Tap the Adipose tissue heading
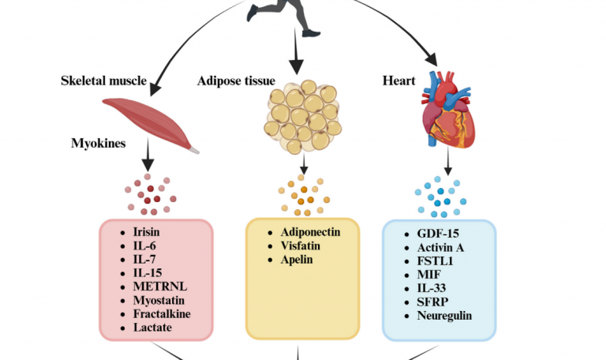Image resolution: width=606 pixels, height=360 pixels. pyautogui.click(x=237, y=81)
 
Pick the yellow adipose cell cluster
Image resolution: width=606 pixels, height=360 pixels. pyautogui.click(x=302, y=118)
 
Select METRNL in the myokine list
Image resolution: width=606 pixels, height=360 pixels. pyautogui.click(x=157, y=287)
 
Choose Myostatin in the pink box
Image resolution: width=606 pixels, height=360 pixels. pyautogui.click(x=159, y=300)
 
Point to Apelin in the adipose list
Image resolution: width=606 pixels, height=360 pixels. pyautogui.click(x=292, y=259)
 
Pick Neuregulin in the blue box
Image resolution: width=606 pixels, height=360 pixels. pyautogui.click(x=444, y=315)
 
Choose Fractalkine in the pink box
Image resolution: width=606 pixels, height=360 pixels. pyautogui.click(x=161, y=313)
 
